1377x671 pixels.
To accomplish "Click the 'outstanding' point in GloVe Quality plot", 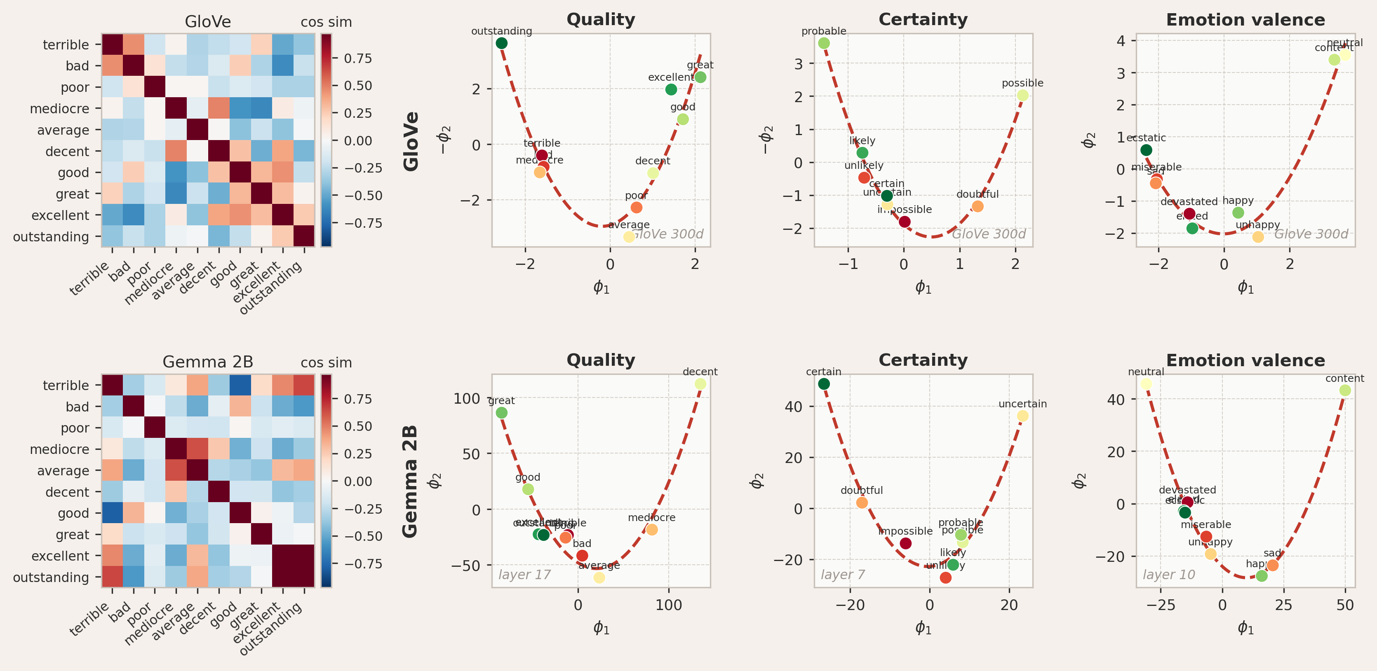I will pos(501,43).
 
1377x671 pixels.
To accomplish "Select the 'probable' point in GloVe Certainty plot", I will pos(824,43).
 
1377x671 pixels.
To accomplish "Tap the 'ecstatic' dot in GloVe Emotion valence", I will pos(1146,150).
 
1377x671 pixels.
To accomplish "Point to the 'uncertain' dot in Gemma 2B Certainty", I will pos(1022,416).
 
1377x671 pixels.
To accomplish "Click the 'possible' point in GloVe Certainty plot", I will pos(1022,96).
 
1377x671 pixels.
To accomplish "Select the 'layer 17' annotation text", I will pos(524,575).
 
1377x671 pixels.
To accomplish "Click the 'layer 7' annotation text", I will pos(843,575).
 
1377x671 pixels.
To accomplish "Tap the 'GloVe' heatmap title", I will pos(208,22).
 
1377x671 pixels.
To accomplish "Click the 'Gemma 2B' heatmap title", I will pos(208,362).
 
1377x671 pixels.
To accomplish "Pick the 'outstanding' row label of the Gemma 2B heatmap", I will pos(51,577).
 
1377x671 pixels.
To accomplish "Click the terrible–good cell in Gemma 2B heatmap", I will pos(240,385).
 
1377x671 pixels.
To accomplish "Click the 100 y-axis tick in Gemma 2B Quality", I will pos(466,399).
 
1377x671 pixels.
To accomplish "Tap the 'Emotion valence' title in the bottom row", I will pos(1245,360).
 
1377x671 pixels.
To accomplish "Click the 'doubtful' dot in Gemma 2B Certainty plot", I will pos(862,503).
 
